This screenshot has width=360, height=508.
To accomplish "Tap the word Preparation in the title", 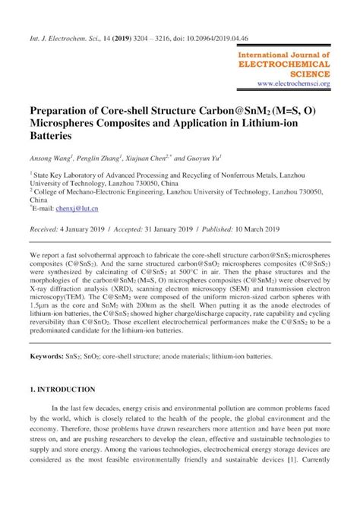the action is tap(62, 110).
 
